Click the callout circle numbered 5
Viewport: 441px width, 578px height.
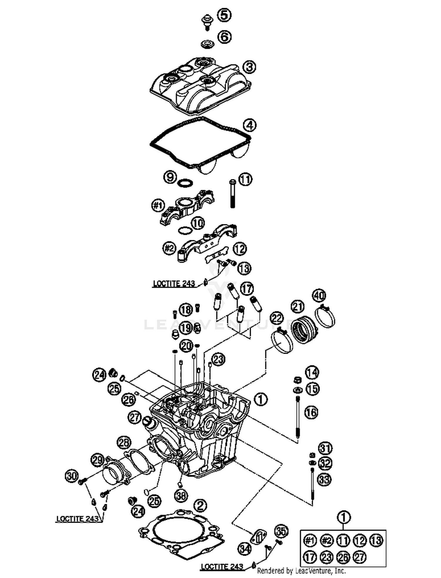click(x=224, y=15)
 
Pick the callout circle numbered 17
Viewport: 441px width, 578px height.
click(x=247, y=289)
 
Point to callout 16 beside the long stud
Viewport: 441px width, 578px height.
click(x=311, y=412)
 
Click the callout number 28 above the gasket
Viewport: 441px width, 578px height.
click(x=123, y=442)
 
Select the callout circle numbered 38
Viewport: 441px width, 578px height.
click(x=181, y=496)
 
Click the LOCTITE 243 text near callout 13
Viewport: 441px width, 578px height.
click(x=174, y=284)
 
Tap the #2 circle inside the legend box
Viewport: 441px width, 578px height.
click(x=326, y=540)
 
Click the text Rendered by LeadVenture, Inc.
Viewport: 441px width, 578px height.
click(x=301, y=571)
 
